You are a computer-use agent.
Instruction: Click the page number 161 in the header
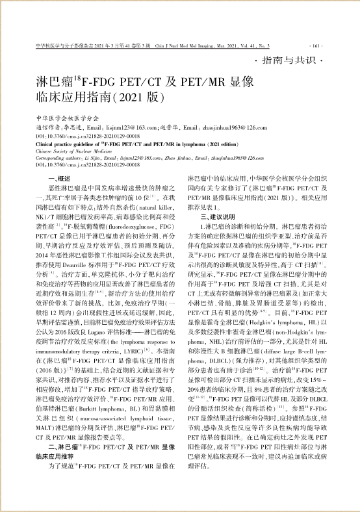(316, 47)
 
